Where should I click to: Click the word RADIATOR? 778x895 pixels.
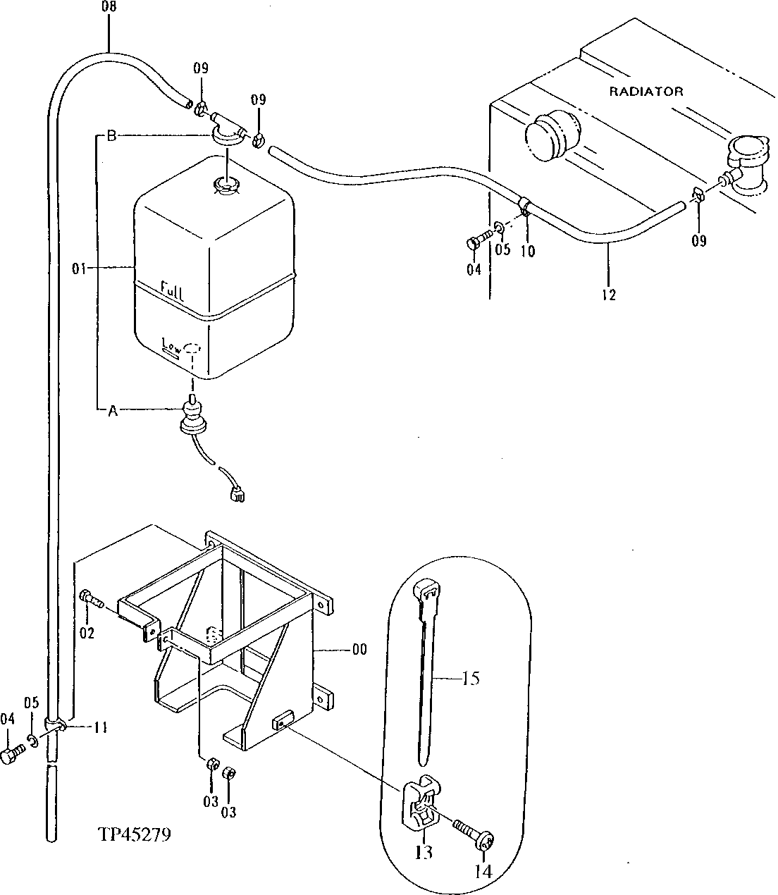[646, 91]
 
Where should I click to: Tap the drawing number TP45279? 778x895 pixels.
[134, 835]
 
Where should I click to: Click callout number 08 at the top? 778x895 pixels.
[109, 8]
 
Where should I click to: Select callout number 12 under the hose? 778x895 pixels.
[609, 295]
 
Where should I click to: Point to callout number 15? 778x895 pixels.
[471, 678]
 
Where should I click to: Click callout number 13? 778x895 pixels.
[424, 852]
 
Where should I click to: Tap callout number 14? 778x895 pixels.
[483, 870]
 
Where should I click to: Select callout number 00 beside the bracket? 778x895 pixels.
[359, 650]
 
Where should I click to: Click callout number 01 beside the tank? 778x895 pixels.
[79, 268]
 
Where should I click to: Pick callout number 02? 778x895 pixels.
[87, 633]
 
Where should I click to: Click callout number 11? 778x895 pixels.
[100, 727]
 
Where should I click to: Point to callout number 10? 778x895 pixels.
[528, 250]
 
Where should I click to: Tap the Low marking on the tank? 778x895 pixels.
[171, 345]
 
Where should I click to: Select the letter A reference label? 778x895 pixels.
[112, 412]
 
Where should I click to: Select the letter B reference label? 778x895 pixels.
[111, 136]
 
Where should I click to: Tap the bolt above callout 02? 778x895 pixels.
[92, 600]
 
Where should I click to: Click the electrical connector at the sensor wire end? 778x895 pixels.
[236, 496]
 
